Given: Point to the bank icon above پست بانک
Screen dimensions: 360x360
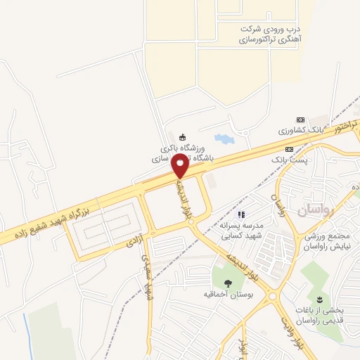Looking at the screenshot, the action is click(x=289, y=150).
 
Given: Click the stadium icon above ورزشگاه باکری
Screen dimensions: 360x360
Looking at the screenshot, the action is click(x=183, y=136).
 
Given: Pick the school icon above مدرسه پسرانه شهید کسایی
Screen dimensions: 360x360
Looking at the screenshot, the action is click(x=241, y=214).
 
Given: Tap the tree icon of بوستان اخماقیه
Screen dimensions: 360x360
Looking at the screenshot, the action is click(x=226, y=283).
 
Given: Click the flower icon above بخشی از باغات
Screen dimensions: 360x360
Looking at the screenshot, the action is click(x=326, y=300).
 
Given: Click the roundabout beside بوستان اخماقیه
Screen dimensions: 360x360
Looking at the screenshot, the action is click(x=273, y=297).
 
